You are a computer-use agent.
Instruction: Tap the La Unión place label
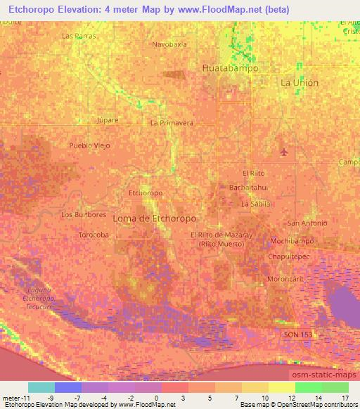[300, 82]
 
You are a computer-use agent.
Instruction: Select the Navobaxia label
[169, 44]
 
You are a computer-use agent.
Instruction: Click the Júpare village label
[107, 120]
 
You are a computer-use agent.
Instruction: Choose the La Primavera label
[172, 122]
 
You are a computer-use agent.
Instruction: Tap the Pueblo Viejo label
[90, 145]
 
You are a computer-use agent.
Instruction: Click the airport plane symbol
[284, 151]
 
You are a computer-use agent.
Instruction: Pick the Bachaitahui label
[247, 188]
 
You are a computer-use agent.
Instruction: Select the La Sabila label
[255, 204]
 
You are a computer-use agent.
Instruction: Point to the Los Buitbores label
[84, 214]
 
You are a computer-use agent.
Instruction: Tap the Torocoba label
[94, 235]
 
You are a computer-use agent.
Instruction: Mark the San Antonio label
[307, 223]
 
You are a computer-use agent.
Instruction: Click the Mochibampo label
[292, 241]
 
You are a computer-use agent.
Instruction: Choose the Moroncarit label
[285, 278]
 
